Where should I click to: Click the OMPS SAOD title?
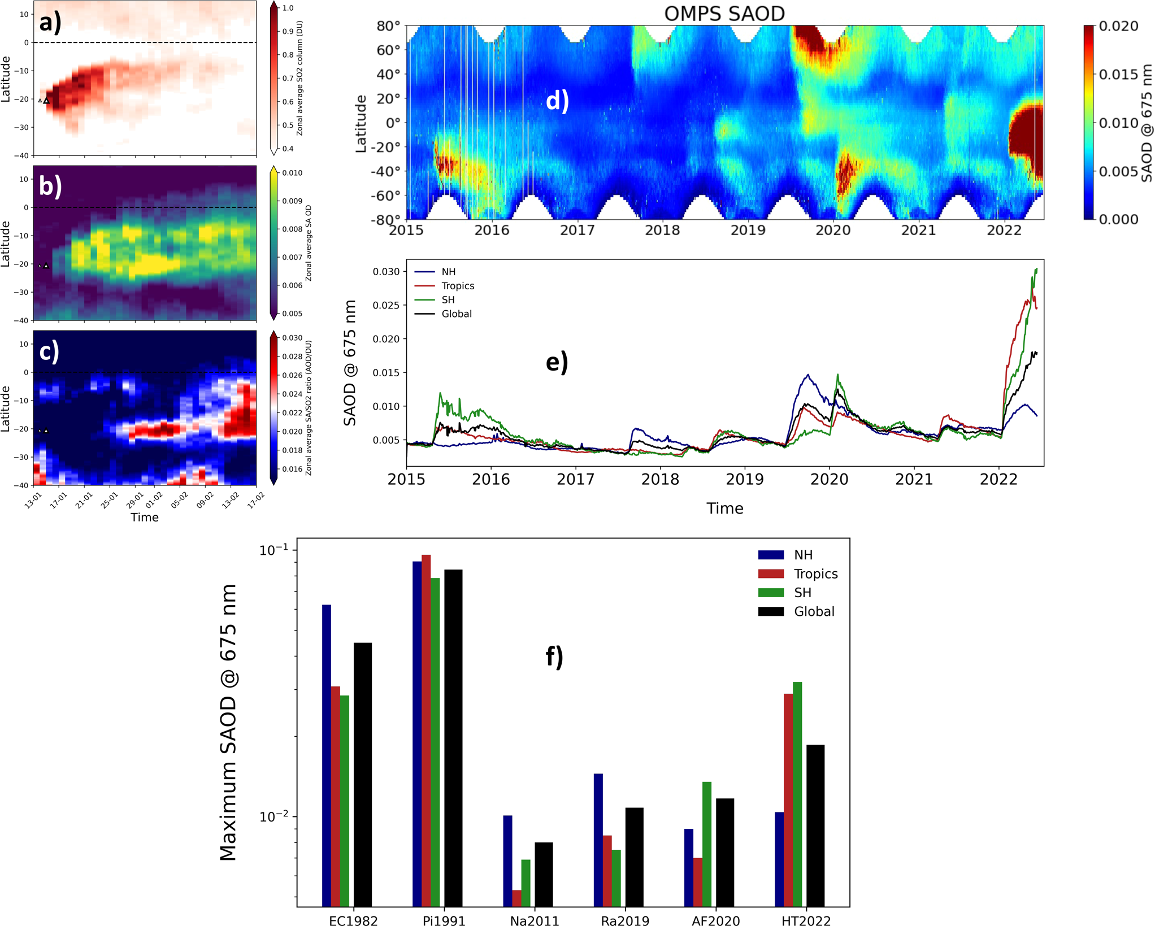coord(724,14)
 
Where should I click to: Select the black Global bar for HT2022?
coord(815,825)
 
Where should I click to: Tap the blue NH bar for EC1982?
coord(327,755)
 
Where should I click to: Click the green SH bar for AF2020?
coord(707,844)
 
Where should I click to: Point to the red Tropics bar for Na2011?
coord(516,898)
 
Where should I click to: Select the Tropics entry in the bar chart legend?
coord(815,574)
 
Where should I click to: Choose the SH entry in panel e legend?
coord(448,300)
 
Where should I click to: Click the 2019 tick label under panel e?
coord(744,480)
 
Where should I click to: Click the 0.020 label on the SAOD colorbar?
coord(1118,26)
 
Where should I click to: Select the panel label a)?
coord(50,22)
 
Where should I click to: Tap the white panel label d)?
coord(557,101)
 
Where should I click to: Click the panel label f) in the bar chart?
coord(554,657)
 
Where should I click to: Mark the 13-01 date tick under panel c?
coord(33,499)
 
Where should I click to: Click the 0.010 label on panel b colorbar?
coord(292,173)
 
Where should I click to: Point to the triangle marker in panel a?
coord(46,101)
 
